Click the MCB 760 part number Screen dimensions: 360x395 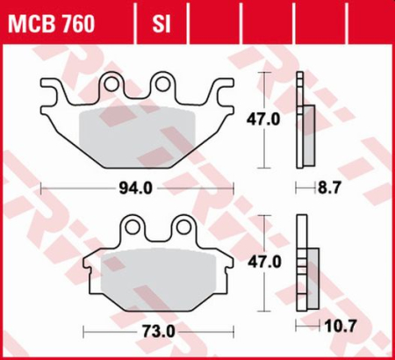tap(55, 21)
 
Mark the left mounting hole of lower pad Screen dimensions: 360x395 tap(132, 228)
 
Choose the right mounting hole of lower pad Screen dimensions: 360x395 tap(183, 228)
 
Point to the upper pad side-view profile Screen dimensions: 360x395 tap(306, 123)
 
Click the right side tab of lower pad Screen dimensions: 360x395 tap(226, 264)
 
